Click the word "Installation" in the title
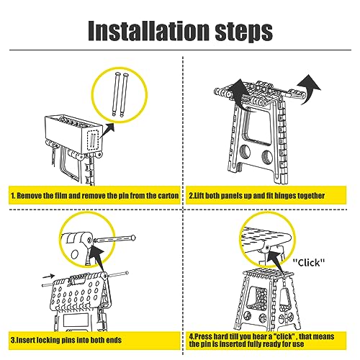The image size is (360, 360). pyautogui.click(x=148, y=30)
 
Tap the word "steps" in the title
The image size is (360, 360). pyautogui.click(x=243, y=32)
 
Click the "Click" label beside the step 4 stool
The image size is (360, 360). pyautogui.click(x=309, y=262)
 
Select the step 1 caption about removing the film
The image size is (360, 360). pyautogui.click(x=95, y=196)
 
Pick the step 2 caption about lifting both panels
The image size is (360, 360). pyautogui.click(x=256, y=196)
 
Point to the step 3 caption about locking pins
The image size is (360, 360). pyautogui.click(x=66, y=340)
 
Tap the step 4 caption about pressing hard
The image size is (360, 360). pyautogui.click(x=261, y=340)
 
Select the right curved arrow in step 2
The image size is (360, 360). pyautogui.click(x=310, y=89)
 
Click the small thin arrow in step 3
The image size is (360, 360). pyautogui.click(x=48, y=276)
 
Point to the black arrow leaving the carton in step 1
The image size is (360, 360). pyautogui.click(x=107, y=130)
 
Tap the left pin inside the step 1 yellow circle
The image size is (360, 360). pyautogui.click(x=116, y=94)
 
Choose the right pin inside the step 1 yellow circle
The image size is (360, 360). pyautogui.click(x=125, y=95)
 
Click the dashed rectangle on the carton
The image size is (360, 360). pyautogui.click(x=93, y=140)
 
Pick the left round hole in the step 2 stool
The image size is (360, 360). pyautogui.click(x=245, y=152)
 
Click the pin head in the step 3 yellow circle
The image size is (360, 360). pyautogui.click(x=133, y=238)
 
